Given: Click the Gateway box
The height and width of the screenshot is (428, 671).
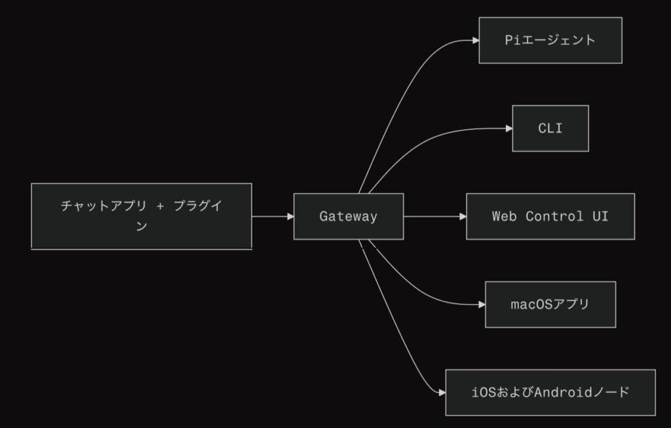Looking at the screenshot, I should (348, 216).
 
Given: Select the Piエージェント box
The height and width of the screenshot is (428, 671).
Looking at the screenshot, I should (550, 41).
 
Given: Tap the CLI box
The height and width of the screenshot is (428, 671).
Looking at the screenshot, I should (550, 128).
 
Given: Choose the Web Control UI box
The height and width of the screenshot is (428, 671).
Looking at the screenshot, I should (550, 216).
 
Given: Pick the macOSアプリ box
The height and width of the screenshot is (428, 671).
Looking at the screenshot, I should (550, 304).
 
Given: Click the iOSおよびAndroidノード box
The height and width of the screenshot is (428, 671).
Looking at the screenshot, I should (550, 393).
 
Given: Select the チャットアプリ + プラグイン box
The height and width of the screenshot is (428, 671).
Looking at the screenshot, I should (142, 216).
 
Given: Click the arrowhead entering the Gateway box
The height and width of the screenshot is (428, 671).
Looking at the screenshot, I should (290, 216).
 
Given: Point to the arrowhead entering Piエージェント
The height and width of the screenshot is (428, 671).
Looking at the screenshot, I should (475, 41).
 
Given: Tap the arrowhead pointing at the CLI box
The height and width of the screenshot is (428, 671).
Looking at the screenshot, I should (508, 128).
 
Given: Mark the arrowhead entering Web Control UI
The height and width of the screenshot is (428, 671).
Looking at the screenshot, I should (462, 216).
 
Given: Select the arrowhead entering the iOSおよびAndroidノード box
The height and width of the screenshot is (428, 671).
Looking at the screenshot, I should (442, 393).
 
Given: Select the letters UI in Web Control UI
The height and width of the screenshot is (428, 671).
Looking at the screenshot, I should (600, 216).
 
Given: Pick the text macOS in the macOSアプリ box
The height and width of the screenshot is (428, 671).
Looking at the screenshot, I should (532, 304).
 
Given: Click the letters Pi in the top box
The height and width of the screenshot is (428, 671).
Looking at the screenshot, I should (512, 41).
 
